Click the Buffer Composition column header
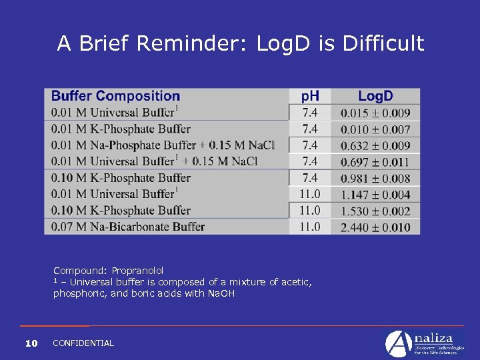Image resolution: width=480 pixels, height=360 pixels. point(115,97)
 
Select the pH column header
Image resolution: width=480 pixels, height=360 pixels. point(310,97)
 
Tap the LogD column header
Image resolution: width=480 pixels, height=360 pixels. point(375,97)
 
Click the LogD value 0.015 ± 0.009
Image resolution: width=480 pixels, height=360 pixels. point(375,113)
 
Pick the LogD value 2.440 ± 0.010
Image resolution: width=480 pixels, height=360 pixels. point(375,227)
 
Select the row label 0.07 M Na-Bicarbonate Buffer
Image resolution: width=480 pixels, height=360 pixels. point(128,227)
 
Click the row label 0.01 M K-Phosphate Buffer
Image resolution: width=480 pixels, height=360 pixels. point(121,129)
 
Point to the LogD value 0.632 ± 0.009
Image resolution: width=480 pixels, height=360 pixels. point(375,145)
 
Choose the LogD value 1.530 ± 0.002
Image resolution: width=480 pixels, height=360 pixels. point(375,211)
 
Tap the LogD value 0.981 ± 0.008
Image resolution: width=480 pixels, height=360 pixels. point(375,178)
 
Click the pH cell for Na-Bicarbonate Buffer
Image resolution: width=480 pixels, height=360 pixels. point(310,227)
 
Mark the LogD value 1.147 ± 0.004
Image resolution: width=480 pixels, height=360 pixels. point(375,195)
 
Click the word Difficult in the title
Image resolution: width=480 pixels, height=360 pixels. point(384,43)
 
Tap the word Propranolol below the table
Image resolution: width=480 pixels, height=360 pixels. point(137,271)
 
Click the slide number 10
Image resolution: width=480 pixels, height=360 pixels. point(31,343)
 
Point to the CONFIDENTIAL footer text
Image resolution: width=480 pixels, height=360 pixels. point(83,343)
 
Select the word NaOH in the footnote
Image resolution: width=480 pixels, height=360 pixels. point(221,293)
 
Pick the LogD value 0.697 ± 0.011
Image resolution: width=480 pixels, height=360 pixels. point(375,162)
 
